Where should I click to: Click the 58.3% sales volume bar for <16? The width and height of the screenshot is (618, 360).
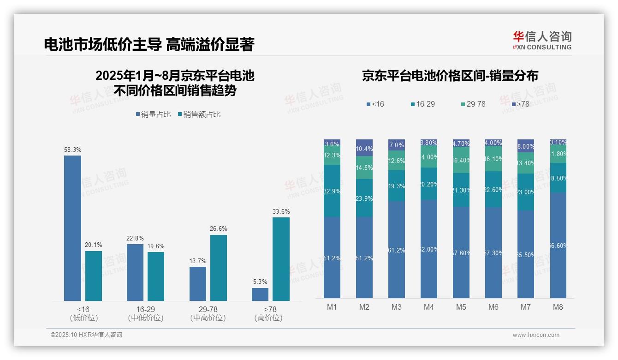coord(72,228)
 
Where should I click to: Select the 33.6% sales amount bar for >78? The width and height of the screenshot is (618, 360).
coord(281,259)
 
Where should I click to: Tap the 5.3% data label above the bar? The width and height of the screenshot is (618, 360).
coord(260,282)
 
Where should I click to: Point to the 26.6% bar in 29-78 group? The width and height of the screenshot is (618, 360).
coord(219,268)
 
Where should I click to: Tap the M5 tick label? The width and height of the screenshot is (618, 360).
coord(461,307)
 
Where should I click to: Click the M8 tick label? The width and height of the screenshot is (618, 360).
coord(558,307)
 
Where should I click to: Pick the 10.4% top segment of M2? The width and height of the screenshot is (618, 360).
coord(364,148)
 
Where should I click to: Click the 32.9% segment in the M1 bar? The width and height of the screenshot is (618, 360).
coord(332,191)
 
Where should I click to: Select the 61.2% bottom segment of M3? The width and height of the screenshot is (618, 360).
coord(396,249)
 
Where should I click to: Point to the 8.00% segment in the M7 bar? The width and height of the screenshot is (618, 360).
coord(526,146)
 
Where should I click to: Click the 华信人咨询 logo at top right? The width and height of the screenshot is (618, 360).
coord(542,40)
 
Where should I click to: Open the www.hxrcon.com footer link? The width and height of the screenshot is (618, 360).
coord(535,335)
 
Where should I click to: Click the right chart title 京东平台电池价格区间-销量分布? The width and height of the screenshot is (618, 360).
coord(450,76)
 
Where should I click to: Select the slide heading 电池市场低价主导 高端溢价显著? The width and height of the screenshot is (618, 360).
coord(149,44)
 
